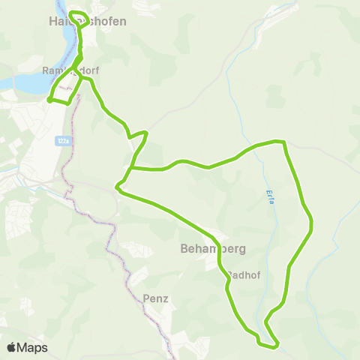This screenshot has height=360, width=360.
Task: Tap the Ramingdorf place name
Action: (x=70, y=71)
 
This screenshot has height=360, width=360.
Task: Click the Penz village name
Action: (x=154, y=298)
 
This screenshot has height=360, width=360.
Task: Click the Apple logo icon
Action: (x=12, y=347)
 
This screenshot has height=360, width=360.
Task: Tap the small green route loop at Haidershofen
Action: (x=78, y=17)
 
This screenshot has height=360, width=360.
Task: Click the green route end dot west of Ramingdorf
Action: (x=49, y=99)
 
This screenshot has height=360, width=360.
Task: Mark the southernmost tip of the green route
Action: (x=269, y=346)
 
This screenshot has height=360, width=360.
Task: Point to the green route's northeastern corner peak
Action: (x=281, y=141)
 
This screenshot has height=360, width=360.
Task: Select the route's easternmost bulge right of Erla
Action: (x=310, y=223)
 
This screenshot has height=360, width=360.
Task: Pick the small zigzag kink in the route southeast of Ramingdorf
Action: (x=138, y=135)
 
